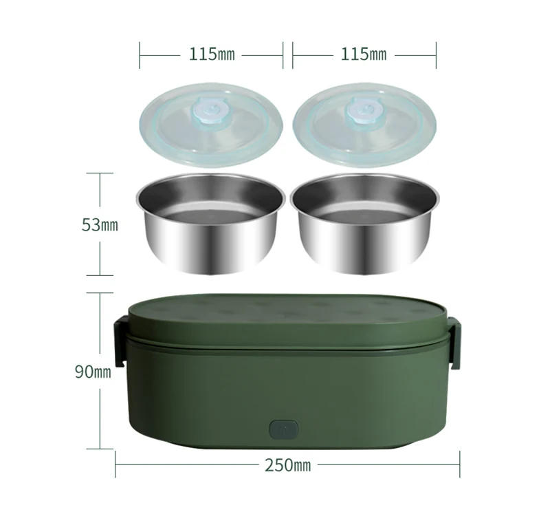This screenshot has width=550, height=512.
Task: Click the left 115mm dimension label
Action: tap(212, 54)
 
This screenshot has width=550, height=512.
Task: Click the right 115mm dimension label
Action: tap(364, 54)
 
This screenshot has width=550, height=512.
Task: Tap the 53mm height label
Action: tap(100, 225)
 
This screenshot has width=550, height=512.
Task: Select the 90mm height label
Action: tap(93, 372)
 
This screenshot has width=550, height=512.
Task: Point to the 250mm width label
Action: tap(287, 465)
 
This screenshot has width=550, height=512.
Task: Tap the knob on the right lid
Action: tap(360, 110)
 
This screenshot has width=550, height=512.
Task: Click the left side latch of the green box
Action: tap(120, 341)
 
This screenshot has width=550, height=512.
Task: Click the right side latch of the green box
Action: tap(454, 341)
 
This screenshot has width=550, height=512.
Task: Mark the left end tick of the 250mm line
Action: tap(115, 465)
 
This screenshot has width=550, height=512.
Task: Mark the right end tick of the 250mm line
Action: tap(459, 465)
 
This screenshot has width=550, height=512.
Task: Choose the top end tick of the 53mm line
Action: tap(100, 173)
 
